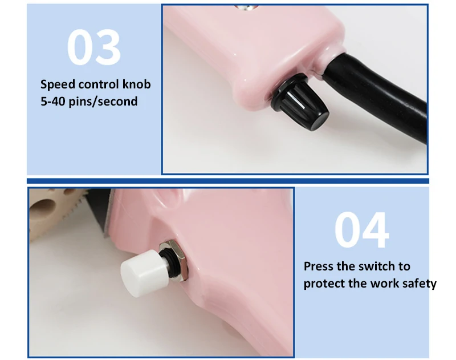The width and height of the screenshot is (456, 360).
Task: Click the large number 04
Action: [x=361, y=230]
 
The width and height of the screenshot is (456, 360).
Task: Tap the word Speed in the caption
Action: [x=56, y=84]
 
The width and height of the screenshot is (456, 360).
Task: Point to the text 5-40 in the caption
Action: [x=54, y=102]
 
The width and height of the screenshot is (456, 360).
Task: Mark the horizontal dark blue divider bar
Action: [x=228, y=181]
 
